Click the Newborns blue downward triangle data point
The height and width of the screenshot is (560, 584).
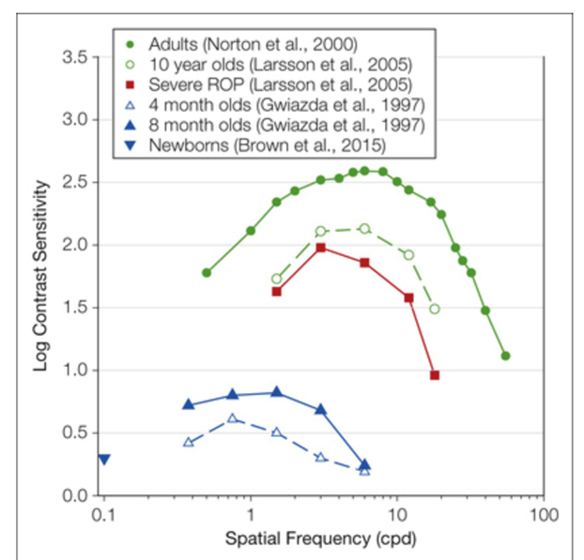click(x=104, y=460)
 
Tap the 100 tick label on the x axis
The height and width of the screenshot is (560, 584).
click(x=543, y=516)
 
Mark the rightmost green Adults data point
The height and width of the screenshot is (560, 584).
click(x=506, y=356)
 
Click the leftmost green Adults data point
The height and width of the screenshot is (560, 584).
click(x=207, y=272)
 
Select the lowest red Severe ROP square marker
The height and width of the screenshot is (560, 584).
click(x=435, y=375)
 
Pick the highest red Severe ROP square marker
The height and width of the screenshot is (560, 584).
click(x=321, y=248)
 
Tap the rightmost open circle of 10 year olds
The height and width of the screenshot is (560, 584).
click(x=435, y=309)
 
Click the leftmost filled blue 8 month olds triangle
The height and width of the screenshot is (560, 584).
click(x=189, y=405)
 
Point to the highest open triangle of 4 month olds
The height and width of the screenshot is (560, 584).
click(x=233, y=418)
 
